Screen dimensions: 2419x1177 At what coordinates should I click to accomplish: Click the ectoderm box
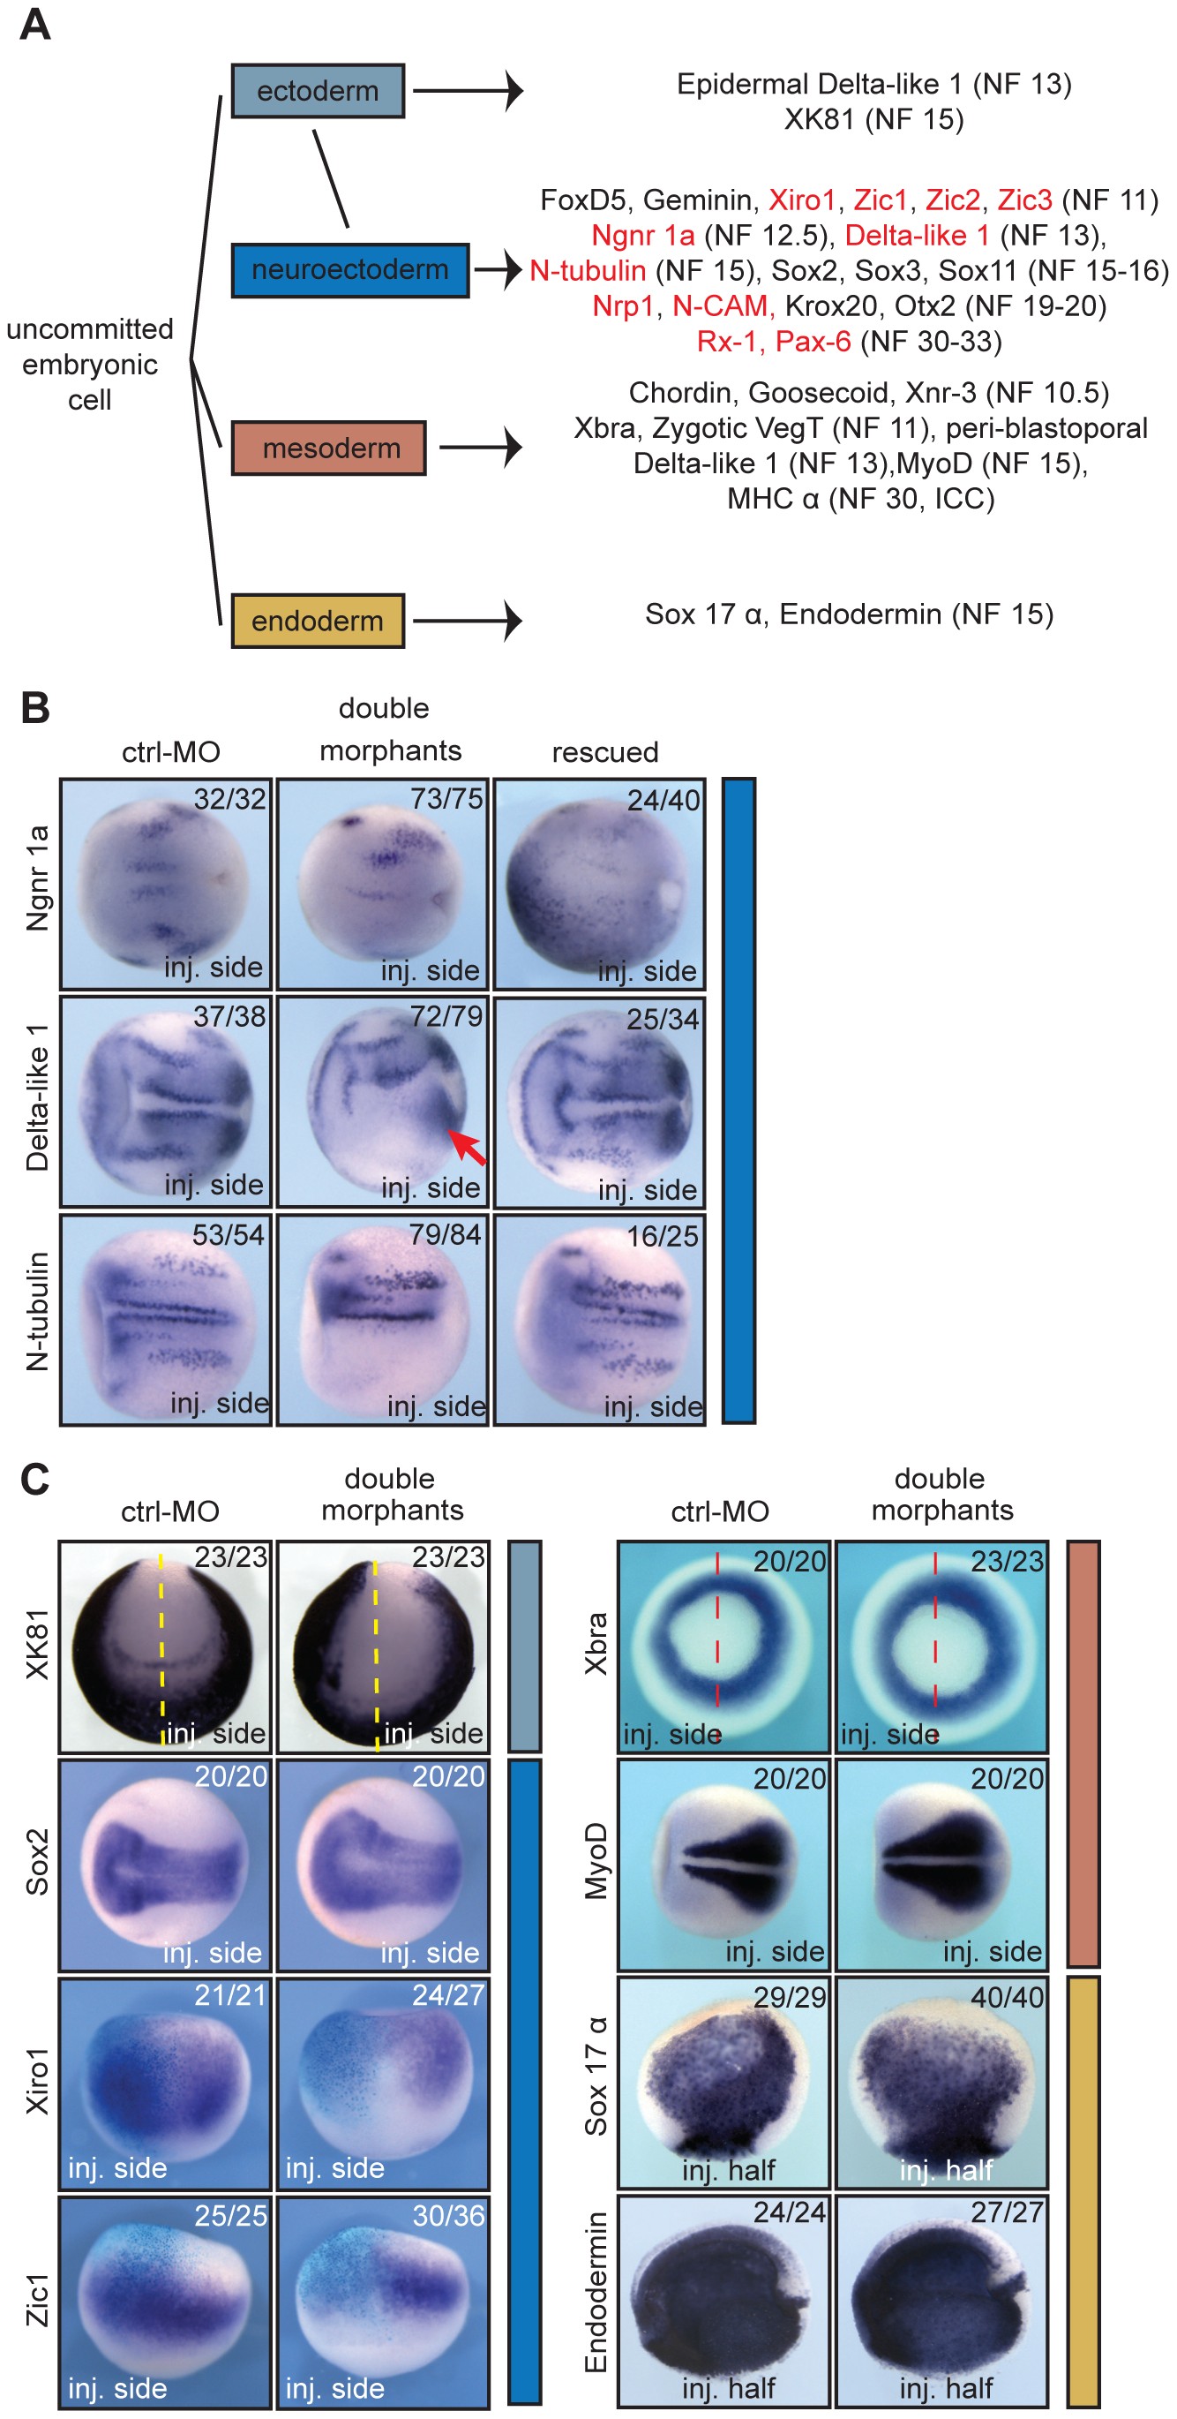[x=318, y=91]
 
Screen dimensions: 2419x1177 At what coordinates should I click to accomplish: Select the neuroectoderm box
[x=350, y=270]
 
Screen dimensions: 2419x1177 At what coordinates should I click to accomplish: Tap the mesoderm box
[x=328, y=448]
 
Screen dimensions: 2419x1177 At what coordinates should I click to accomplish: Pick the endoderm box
[x=318, y=621]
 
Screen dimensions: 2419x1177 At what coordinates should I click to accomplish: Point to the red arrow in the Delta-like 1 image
[x=467, y=1148]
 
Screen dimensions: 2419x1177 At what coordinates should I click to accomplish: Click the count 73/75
[x=446, y=798]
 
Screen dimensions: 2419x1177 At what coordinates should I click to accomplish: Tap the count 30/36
[x=447, y=2215]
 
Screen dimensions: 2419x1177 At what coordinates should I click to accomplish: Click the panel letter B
[x=34, y=708]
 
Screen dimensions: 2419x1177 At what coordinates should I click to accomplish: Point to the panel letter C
[x=34, y=1478]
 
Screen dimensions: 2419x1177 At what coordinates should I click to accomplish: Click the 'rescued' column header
[x=604, y=752]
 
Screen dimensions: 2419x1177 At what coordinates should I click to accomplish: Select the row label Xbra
[x=597, y=1643]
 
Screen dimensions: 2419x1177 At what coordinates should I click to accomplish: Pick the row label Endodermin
[x=597, y=2292]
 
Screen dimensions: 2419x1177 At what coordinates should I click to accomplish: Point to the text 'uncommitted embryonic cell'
[x=90, y=365]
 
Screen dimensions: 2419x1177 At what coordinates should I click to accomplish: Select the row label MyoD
[x=597, y=1861]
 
